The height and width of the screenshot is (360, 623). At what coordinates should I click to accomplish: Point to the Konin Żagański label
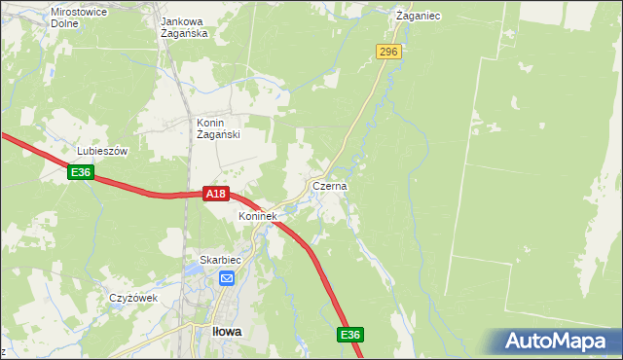click(x=217, y=128)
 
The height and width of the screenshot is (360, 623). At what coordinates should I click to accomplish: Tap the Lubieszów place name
click(x=102, y=152)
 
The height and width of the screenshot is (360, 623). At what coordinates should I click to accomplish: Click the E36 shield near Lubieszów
click(x=81, y=172)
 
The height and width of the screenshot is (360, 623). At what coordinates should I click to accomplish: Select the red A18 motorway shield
click(x=216, y=195)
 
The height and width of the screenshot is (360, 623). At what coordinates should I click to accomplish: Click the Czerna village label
click(x=330, y=185)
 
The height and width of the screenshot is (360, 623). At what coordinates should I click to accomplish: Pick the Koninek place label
click(x=259, y=216)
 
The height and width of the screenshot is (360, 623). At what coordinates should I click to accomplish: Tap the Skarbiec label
click(x=219, y=260)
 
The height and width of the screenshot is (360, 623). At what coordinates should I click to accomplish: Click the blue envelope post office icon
click(x=226, y=279)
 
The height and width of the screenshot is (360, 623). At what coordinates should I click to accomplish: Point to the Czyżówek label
click(x=133, y=298)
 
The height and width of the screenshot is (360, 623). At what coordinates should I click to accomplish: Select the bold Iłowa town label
click(x=227, y=331)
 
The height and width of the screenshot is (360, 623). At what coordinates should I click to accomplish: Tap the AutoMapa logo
click(x=559, y=342)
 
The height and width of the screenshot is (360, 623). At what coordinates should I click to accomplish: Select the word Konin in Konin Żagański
click(x=211, y=123)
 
